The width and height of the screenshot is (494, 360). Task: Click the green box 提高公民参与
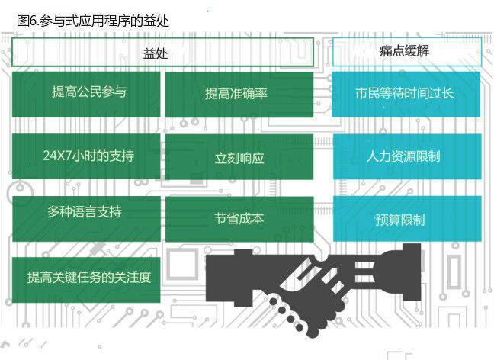tap(86, 94)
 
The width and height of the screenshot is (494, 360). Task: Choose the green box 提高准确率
tap(239, 94)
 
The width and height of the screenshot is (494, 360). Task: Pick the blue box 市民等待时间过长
tap(406, 94)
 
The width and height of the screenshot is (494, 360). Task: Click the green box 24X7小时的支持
tap(86, 156)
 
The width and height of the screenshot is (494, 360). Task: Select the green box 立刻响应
tap(239, 158)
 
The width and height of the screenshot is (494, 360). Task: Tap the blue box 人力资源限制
tap(406, 157)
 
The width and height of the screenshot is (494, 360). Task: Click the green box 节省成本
tap(239, 219)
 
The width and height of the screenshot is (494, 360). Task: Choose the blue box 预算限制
tap(406, 219)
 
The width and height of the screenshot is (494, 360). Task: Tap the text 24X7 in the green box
tap(59, 156)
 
